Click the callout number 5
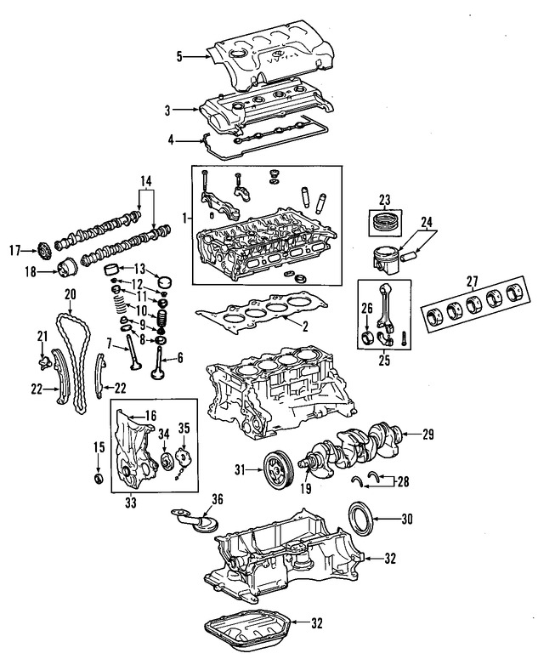point(179,57)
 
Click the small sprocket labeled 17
point(37,252)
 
